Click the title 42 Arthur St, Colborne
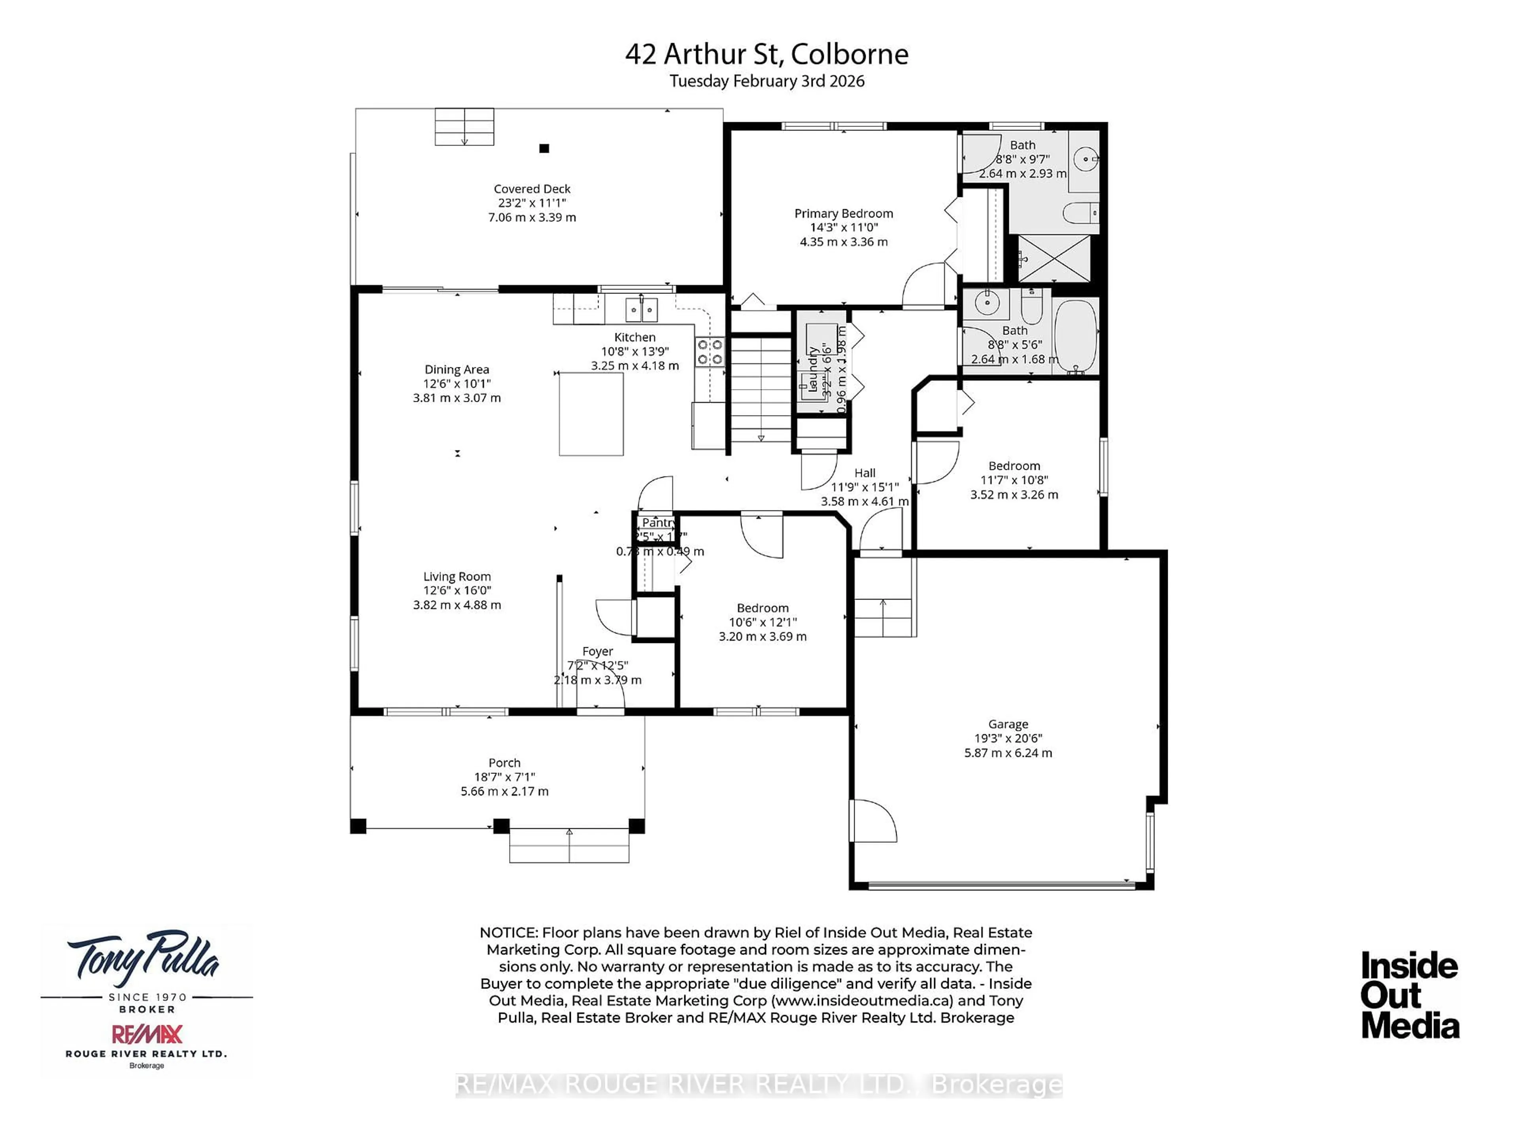point(767,54)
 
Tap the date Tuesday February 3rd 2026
point(767,81)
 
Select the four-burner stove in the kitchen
point(710,352)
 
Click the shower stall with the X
point(1054,258)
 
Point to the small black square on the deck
point(544,148)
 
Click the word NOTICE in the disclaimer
point(508,933)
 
